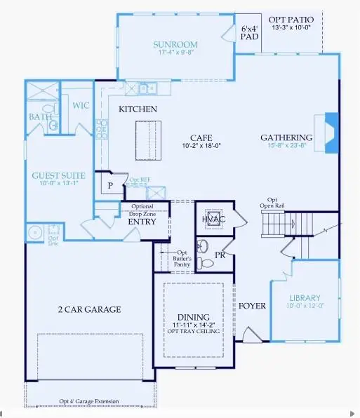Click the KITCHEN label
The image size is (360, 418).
pos(138,109)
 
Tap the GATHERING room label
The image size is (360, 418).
pos(286,137)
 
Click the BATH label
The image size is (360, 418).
pos(39,118)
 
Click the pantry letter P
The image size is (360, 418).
pos(110,186)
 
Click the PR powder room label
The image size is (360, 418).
pos(220,255)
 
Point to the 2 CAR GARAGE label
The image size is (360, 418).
pos(89,309)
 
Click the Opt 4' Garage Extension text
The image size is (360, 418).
pos(89,402)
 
